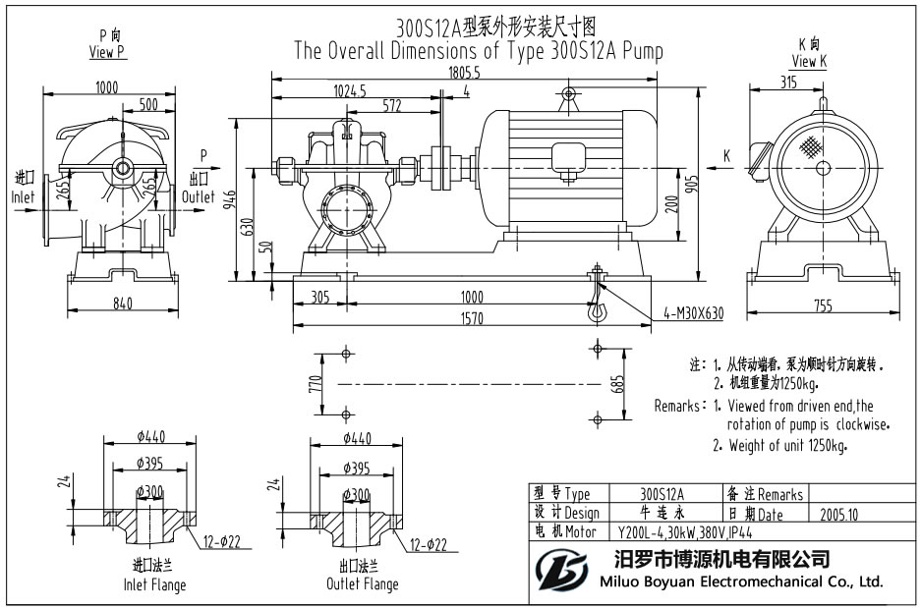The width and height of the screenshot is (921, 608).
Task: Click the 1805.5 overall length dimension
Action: (x=464, y=73)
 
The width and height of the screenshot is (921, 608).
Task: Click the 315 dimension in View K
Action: (x=787, y=83)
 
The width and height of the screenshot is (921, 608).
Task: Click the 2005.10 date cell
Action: (x=838, y=513)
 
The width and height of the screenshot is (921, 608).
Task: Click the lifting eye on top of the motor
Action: (x=567, y=95)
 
